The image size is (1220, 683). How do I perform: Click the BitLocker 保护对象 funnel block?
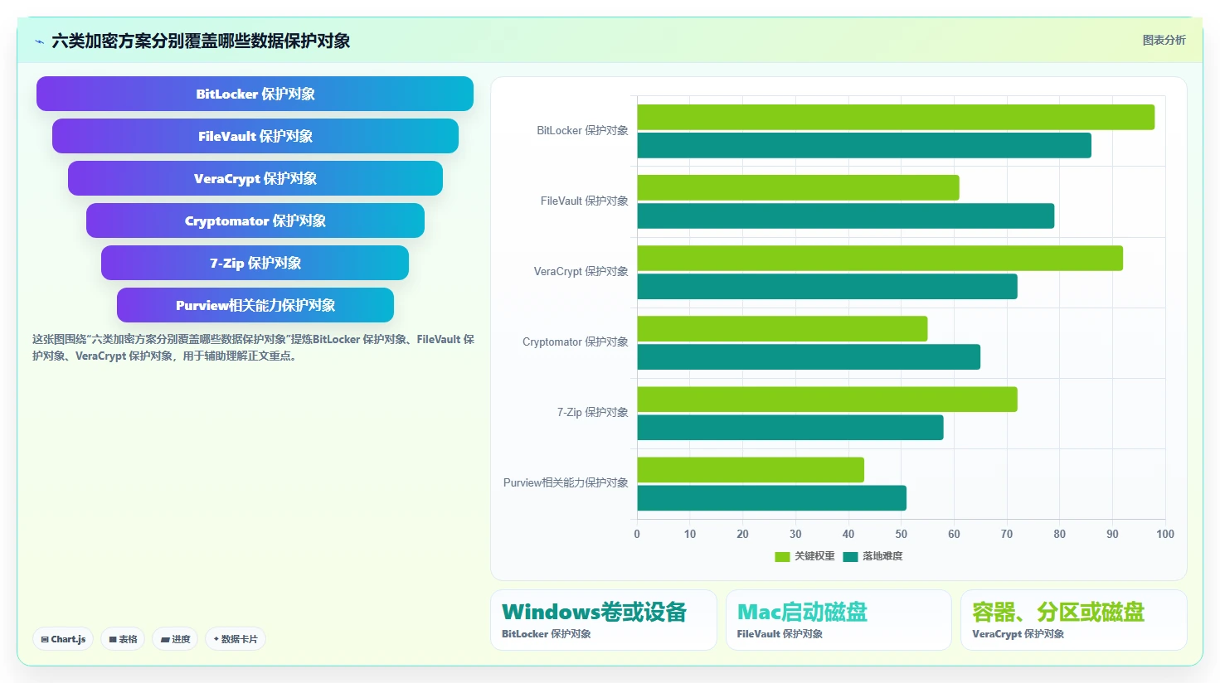[255, 94]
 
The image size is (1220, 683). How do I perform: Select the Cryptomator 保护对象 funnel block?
[255, 220]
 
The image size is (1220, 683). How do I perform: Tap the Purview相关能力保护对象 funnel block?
[255, 305]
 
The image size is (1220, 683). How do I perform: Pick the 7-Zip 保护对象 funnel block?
[255, 263]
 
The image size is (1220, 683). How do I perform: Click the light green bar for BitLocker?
[896, 117]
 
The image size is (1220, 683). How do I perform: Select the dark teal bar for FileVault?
[846, 216]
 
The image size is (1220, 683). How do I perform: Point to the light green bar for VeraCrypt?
[880, 258]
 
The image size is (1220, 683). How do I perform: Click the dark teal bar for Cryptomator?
[809, 357]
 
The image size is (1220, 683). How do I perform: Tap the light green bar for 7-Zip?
[828, 399]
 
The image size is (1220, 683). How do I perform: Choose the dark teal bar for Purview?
[772, 498]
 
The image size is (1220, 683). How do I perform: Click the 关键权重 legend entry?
[805, 556]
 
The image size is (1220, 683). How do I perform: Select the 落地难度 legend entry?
[873, 556]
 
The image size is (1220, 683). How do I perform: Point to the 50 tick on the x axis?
[902, 534]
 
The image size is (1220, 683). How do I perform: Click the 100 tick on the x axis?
[1165, 534]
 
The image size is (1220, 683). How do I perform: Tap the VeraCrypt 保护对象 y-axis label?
[581, 271]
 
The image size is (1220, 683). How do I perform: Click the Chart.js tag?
[63, 639]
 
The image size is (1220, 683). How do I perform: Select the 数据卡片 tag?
[236, 639]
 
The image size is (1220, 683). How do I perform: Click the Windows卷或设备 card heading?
[594, 612]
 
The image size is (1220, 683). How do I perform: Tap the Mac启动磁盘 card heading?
[802, 612]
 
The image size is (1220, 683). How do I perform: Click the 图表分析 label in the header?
[1164, 41]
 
